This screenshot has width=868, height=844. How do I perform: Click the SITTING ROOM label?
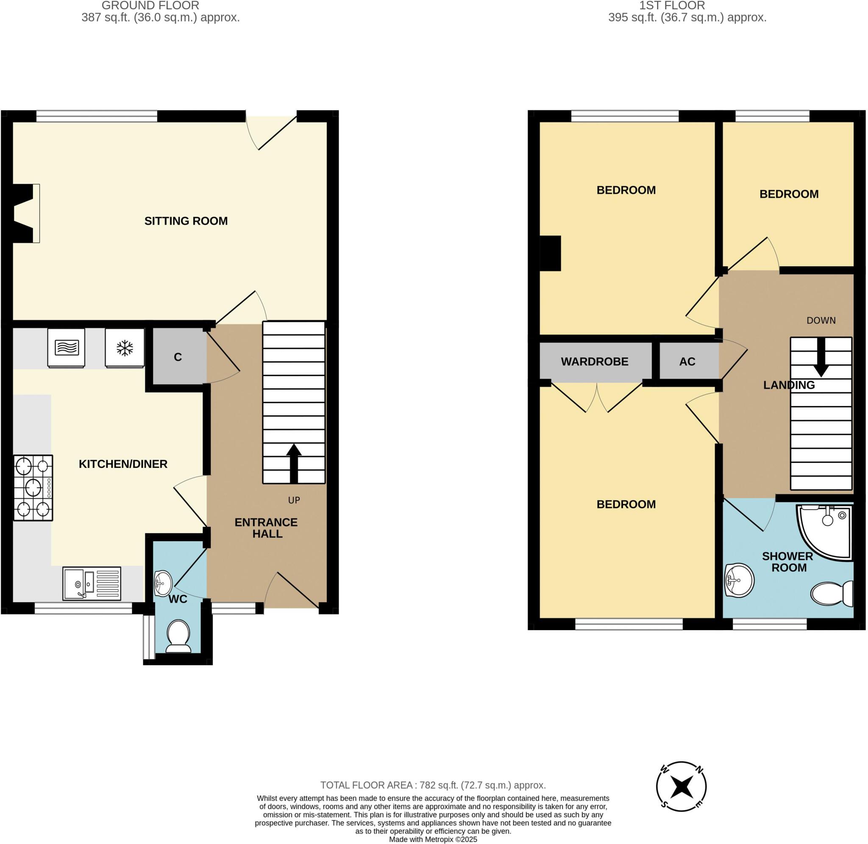pos(186,221)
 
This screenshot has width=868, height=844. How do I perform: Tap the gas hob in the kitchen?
pos(33,487)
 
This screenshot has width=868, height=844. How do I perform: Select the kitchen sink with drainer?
pos(92,584)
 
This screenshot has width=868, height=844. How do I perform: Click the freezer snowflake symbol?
pos(125,348)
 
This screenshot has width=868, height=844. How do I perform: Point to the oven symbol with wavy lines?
pos(67,348)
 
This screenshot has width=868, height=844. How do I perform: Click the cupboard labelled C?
pos(178,357)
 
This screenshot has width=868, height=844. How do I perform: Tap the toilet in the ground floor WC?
pos(179,636)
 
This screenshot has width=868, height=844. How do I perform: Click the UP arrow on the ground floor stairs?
pos(294,463)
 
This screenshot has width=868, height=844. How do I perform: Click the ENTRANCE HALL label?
pos(266,528)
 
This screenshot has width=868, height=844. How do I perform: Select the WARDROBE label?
pos(594,362)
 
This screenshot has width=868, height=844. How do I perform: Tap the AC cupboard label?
pos(687,362)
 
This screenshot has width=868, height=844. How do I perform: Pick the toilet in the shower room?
pos(832,593)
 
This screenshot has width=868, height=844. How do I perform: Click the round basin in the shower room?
pos(740,580)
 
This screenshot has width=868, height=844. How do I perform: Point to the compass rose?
pos(681,787)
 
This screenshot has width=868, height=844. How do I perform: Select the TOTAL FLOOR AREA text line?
pos(433,785)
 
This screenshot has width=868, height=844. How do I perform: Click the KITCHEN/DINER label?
pos(123,464)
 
